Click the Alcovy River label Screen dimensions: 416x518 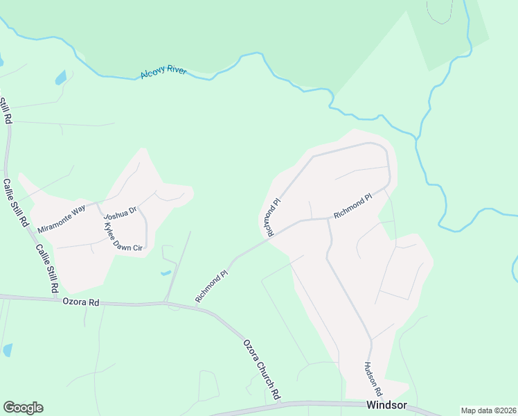pos(163,72)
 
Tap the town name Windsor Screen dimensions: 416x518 pos(384,406)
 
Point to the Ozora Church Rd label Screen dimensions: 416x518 pos(261,370)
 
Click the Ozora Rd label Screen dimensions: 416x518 pos(81,302)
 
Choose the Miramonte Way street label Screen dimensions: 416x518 pos(61,218)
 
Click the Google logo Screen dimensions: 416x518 pos(23,408)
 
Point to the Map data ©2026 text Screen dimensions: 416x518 pos(488,410)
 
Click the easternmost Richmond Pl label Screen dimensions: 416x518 pos(352,207)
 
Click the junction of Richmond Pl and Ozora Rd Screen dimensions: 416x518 pos(197,306)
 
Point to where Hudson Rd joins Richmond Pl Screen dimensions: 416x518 pos(327,218)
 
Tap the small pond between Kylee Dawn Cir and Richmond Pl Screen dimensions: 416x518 pos(166,272)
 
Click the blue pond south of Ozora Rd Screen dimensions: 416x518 pos(8,349)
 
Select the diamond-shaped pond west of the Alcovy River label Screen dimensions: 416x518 pos(61,77)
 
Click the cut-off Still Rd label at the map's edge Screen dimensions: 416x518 pos(5,111)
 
